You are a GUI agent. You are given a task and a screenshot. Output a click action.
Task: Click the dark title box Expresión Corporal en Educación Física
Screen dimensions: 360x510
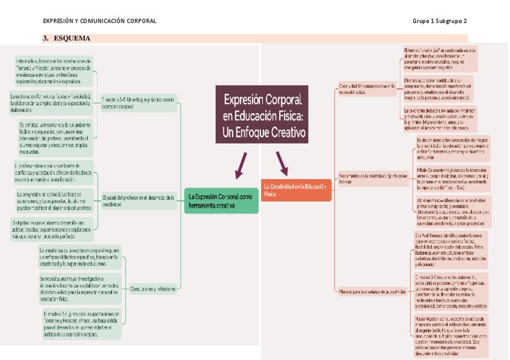coord(262,115)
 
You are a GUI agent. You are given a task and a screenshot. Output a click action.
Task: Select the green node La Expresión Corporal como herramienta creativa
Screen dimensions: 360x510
coord(221,201)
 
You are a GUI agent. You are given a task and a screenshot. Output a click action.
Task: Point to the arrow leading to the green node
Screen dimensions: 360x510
coord(241,165)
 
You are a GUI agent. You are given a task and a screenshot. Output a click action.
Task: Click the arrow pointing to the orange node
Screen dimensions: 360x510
coord(281,163)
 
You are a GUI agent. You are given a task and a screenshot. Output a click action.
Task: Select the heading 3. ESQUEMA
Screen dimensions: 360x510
coord(67,38)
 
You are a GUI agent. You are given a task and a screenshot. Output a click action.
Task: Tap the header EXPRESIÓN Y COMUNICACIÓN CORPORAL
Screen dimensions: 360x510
coord(100,21)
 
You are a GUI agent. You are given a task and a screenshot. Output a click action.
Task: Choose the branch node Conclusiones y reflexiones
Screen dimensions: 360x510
coord(153,288)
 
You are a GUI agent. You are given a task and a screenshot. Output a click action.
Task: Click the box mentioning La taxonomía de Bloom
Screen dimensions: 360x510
coord(439,119)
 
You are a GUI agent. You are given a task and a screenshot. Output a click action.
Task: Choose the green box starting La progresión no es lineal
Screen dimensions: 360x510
coord(54,200)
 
